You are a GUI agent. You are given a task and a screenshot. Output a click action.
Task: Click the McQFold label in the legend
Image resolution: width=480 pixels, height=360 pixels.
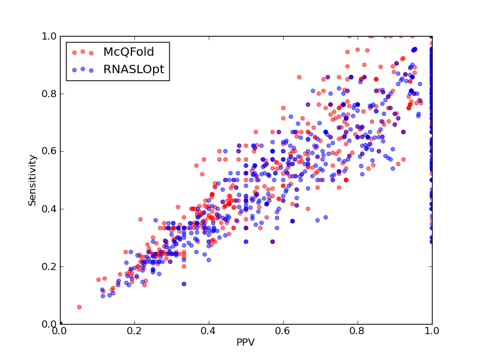click(x=128, y=52)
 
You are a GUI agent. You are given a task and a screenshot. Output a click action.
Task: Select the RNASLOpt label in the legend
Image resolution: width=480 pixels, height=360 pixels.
click(x=134, y=70)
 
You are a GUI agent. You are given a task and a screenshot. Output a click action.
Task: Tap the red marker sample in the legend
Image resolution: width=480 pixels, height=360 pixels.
click(x=83, y=52)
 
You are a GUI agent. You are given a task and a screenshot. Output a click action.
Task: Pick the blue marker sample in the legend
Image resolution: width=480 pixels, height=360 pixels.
click(x=83, y=70)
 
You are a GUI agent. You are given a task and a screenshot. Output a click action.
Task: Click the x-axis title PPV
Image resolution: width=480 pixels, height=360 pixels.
click(x=245, y=342)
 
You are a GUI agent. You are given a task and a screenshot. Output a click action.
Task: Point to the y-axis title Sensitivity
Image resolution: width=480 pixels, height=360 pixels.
click(x=32, y=181)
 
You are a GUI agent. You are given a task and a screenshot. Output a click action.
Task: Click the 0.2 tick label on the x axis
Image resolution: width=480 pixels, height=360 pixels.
click(x=134, y=331)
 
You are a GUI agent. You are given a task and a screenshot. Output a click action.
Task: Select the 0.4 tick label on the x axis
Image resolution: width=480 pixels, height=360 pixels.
click(x=209, y=331)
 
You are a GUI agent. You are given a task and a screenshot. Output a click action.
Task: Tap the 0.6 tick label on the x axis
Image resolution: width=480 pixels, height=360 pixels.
click(x=283, y=331)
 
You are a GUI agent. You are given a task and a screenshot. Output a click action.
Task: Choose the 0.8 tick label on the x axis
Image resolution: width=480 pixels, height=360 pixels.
click(x=358, y=331)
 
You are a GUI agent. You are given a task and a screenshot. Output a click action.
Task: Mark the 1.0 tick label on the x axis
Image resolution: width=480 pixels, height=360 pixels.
click(x=432, y=331)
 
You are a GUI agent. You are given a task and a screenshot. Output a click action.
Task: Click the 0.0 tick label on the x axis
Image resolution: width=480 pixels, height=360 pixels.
click(x=61, y=331)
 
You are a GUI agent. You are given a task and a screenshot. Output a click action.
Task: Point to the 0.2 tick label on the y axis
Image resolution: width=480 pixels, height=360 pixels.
click(x=49, y=266)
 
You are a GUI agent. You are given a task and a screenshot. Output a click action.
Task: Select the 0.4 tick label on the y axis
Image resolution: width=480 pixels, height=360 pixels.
click(x=49, y=209)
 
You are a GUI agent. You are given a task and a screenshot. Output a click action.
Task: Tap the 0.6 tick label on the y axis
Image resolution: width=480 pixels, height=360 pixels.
click(x=49, y=152)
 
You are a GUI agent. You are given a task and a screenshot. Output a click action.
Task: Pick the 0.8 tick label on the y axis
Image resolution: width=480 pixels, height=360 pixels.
click(x=49, y=94)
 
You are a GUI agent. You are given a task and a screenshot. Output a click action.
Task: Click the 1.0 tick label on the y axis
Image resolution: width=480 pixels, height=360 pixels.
click(x=49, y=36)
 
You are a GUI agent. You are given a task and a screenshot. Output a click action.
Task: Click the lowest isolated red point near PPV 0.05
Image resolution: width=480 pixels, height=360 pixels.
click(x=79, y=307)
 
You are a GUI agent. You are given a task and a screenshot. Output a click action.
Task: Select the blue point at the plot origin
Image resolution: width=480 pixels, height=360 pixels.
click(x=61, y=323)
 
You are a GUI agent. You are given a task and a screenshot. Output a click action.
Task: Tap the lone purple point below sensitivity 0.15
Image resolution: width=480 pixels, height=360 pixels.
click(x=184, y=284)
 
